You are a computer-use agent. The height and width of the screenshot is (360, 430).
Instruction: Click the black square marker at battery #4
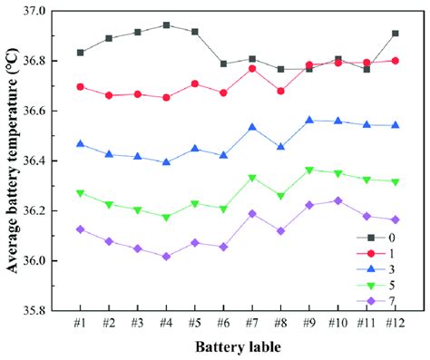166,25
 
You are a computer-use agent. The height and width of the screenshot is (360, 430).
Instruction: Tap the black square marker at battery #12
370,34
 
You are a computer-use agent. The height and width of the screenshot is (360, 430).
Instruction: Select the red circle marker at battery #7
253,68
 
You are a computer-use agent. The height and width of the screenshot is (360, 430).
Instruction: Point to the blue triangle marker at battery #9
310,120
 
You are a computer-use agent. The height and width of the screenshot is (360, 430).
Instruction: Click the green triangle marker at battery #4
166,218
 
